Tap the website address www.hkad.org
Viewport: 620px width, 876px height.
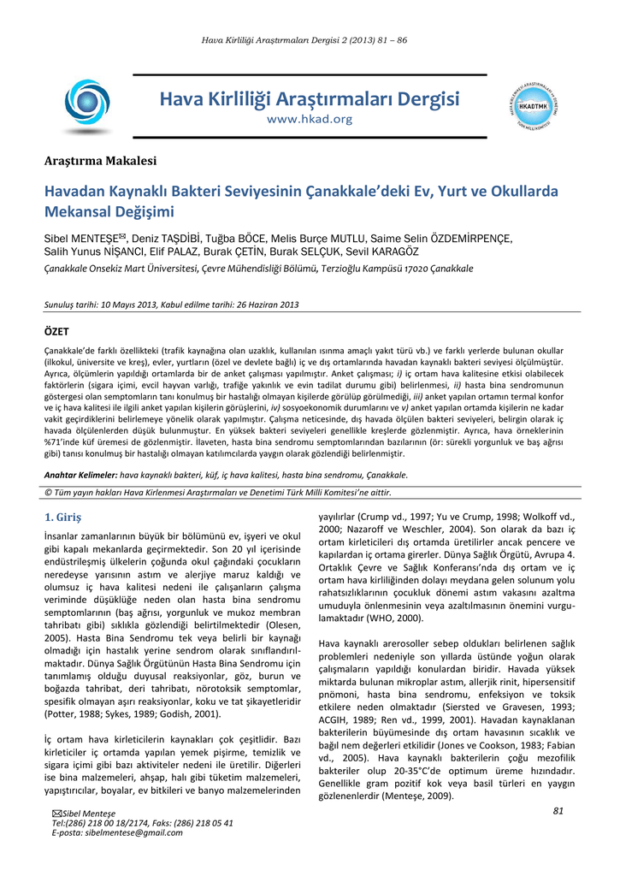pyautogui.click(x=309, y=120)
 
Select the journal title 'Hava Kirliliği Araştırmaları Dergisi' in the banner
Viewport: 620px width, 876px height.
pyautogui.click(x=309, y=100)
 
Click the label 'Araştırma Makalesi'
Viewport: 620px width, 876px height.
pyautogui.click(x=100, y=161)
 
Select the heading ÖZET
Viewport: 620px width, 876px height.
pyautogui.click(x=56, y=330)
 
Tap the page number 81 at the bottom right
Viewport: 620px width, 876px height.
pyautogui.click(x=558, y=811)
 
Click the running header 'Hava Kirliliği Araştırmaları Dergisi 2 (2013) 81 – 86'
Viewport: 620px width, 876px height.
pyautogui.click(x=310, y=41)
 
